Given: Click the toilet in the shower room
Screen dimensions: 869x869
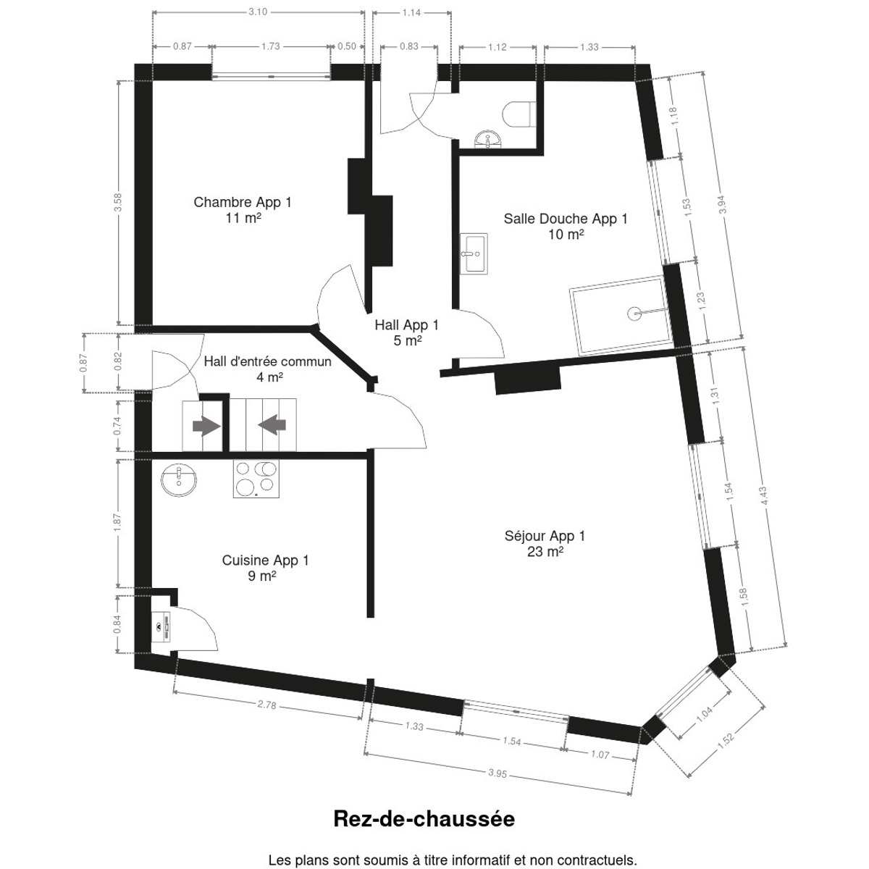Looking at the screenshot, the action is tap(519, 114).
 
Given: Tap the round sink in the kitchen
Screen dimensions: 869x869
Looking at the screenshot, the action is tap(179, 480).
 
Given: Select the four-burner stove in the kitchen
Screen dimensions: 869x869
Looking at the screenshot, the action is tap(256, 479).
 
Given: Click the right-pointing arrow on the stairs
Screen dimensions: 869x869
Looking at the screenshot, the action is tap(206, 426).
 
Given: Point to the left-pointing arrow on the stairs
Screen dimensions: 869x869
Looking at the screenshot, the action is tap(272, 425).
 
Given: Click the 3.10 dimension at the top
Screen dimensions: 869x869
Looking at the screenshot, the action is tap(258, 12).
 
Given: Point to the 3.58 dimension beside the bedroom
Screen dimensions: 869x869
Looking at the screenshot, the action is tap(118, 203).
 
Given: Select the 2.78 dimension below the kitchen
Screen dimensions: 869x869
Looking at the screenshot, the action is tap(267, 705).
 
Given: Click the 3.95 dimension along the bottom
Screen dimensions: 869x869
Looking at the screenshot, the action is tap(498, 773).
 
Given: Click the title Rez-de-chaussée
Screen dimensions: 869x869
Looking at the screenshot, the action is tap(424, 818).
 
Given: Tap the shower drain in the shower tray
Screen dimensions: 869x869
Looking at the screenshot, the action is tap(634, 313).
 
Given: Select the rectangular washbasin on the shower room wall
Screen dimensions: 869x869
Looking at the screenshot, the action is tap(474, 254).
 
